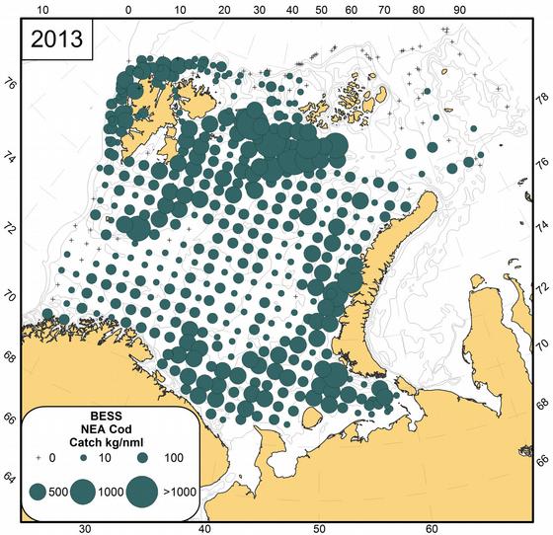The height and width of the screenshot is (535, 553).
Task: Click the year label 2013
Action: pos(56,41)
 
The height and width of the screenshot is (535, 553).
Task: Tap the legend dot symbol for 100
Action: pos(142,459)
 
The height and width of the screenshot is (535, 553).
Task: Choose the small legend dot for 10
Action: pos(85,460)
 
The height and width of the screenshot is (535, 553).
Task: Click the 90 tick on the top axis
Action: pos(459,9)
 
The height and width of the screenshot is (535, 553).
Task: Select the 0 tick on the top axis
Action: pos(129,9)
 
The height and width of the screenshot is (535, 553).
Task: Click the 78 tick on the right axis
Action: pos(539,100)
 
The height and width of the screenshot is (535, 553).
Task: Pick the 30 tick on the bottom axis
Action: pos(85,526)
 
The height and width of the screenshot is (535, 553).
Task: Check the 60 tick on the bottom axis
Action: pos(432,526)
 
